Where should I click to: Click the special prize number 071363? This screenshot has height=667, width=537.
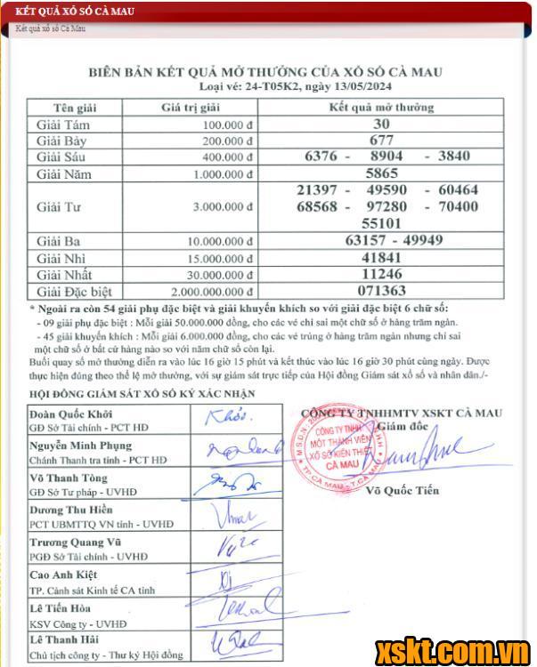pos(380,290)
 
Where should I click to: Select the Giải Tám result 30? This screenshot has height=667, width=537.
pos(381,125)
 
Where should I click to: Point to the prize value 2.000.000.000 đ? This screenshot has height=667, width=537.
pos(199,291)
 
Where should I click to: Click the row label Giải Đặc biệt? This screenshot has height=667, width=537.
pos(75,291)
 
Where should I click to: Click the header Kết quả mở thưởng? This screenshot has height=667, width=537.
pos(381,108)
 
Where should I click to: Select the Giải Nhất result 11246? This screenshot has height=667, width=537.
pos(381,274)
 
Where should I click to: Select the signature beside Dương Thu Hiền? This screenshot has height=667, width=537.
pos(229,513)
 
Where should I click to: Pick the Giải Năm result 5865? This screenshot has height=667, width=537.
pos(381,174)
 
